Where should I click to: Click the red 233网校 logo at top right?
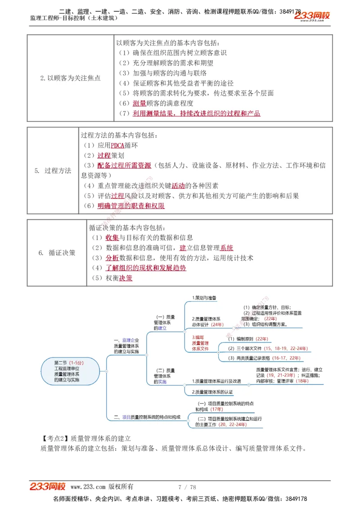[x=312, y=16]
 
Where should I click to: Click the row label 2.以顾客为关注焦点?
[x=70, y=78]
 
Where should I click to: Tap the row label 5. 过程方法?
[x=53, y=171]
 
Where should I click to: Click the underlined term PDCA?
[x=117, y=146]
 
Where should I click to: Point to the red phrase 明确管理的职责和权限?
[x=131, y=206]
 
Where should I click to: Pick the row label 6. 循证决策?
[x=57, y=253]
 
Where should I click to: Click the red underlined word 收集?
[x=112, y=238]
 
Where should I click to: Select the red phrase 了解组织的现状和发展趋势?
[x=146, y=268]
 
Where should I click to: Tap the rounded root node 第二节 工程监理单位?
[x=69, y=371]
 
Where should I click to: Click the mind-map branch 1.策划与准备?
[x=204, y=298]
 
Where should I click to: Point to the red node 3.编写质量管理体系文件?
[x=200, y=343]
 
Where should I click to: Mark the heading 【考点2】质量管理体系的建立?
[x=85, y=438]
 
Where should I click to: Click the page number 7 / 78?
[x=187, y=487]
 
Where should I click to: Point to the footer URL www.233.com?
[x=88, y=487]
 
